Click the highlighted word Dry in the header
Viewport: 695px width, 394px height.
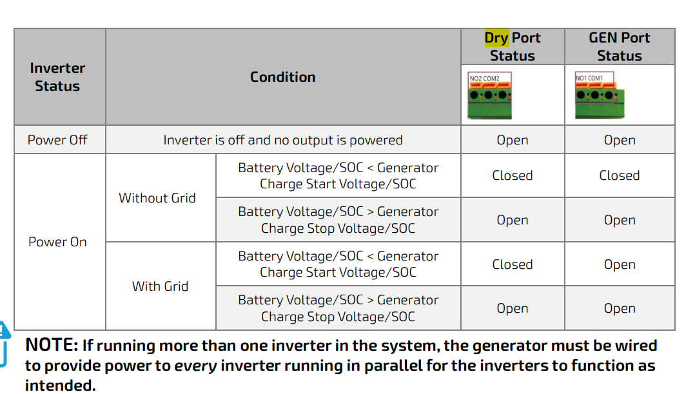pyautogui.click(x=496, y=38)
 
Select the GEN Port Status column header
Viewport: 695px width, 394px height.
pyautogui.click(x=619, y=46)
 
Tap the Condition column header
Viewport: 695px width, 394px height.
pyautogui.click(x=283, y=77)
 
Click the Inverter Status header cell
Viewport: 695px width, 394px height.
pyautogui.click(x=57, y=77)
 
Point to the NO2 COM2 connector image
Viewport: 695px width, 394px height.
pyautogui.click(x=490, y=95)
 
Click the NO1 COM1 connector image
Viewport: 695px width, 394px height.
pyautogui.click(x=600, y=95)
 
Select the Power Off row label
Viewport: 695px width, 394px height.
pyautogui.click(x=57, y=140)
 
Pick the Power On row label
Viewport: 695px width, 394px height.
pyautogui.click(x=57, y=242)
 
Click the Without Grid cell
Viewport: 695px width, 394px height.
pyautogui.click(x=157, y=198)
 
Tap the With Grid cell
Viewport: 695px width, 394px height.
pyautogui.click(x=160, y=286)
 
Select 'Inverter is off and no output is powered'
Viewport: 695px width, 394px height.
pyautogui.click(x=283, y=140)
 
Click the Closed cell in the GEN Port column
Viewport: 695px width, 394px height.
pyautogui.click(x=619, y=175)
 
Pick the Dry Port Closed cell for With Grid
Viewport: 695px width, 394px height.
pyautogui.click(x=513, y=264)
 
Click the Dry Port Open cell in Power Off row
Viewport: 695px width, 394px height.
pyautogui.click(x=513, y=140)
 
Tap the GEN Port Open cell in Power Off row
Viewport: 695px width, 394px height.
pyautogui.click(x=619, y=140)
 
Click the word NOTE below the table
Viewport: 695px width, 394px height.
pyautogui.click(x=52, y=345)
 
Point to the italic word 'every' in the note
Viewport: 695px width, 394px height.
pyautogui.click(x=195, y=366)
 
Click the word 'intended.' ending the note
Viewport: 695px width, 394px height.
pyautogui.click(x=61, y=385)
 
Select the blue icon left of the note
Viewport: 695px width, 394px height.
pyautogui.click(x=5, y=344)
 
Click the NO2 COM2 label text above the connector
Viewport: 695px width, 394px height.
pyautogui.click(x=484, y=79)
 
